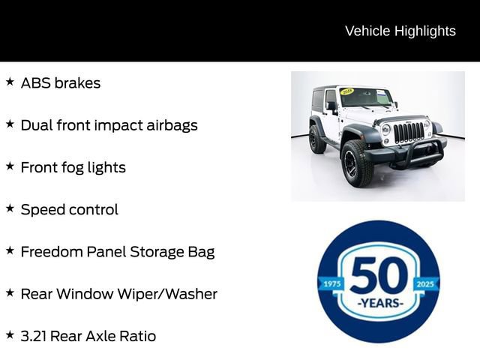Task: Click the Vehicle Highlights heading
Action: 400,31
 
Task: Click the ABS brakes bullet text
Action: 60,82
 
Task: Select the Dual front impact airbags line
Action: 109,124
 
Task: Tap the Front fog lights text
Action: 73,167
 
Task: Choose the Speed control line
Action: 69,209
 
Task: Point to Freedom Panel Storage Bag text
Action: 117,251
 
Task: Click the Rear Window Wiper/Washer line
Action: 118,293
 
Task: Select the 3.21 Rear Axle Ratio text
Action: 88,336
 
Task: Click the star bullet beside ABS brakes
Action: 10,82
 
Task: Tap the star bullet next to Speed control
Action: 10,208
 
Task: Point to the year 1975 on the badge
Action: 331,284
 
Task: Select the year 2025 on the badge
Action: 426,284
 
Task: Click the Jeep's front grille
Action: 409,132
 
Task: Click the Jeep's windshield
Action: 365,97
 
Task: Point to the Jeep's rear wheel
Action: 317,139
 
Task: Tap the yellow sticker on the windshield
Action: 347,91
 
